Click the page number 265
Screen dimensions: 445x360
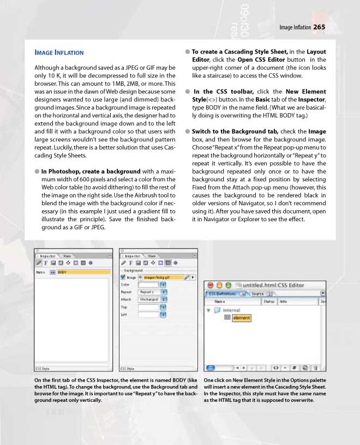[320, 27]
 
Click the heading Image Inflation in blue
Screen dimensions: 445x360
[59, 52]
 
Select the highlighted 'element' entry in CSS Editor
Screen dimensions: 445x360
[241, 318]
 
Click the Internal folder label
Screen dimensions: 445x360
[232, 310]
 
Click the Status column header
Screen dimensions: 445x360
[269, 301]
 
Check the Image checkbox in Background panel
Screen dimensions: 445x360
[123, 277]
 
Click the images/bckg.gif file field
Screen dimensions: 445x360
[159, 277]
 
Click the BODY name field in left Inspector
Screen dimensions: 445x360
[82, 271]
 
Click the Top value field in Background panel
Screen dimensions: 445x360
[148, 307]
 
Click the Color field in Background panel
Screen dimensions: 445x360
[148, 284]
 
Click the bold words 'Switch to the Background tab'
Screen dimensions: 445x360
[235, 132]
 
